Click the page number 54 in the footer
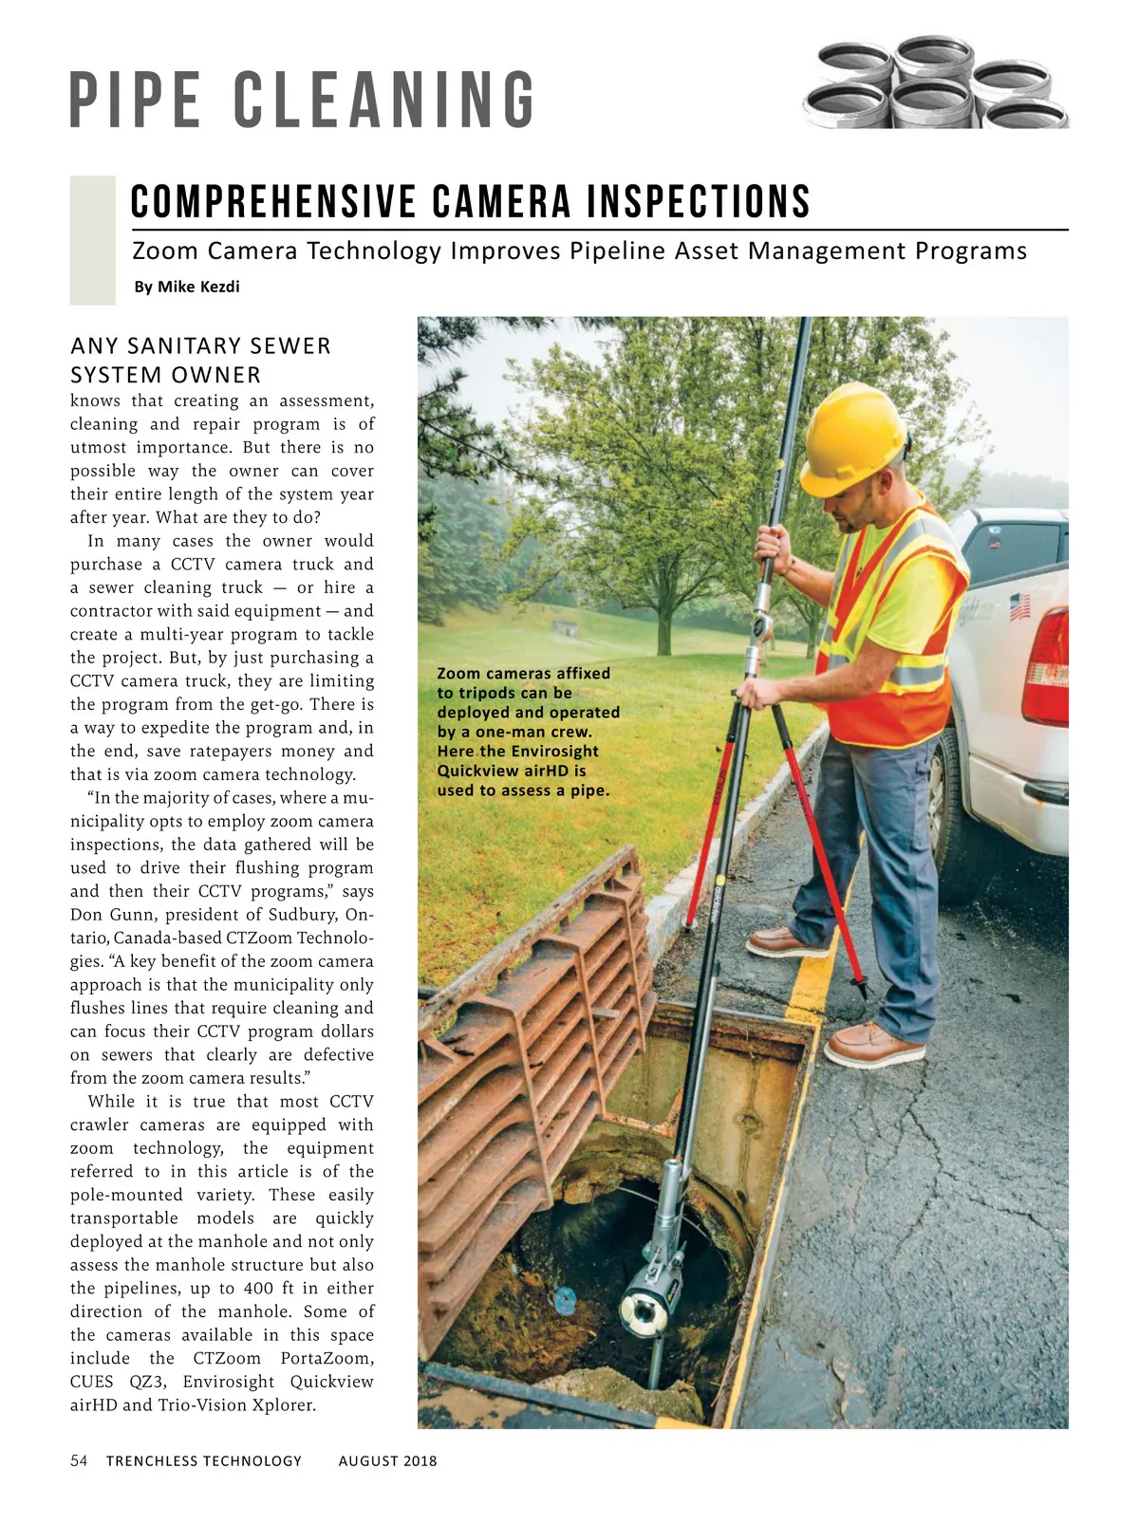click(79, 1460)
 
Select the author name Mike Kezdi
click(198, 287)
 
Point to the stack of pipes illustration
click(935, 84)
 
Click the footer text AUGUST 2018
click(387, 1461)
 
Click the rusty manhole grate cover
click(532, 1044)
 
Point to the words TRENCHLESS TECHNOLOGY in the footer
click(203, 1461)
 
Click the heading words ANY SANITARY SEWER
click(200, 345)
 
